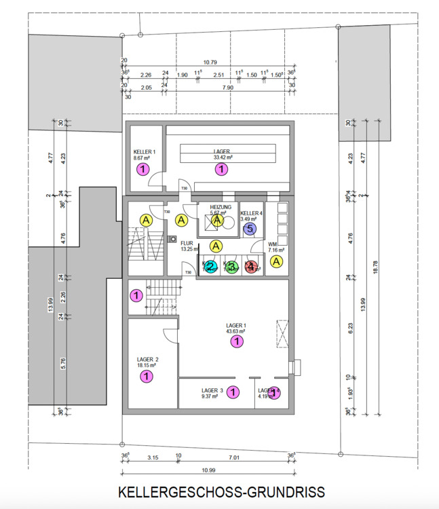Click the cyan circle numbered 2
pos(211,268)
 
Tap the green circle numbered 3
pos(231,268)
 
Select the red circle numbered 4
pos(252,268)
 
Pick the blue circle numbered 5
pos(250,229)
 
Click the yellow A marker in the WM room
pos(277,261)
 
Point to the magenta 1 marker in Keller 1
pos(143,170)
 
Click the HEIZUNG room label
pos(221,207)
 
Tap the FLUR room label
pos(187,242)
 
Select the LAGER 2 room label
pos(147,360)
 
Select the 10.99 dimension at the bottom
pos(208,470)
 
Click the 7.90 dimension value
pos(227,87)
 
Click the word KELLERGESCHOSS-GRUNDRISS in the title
pos(221,491)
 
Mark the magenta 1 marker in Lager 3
pos(233,392)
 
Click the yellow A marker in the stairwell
pos(146,220)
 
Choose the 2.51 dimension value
pos(218,75)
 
